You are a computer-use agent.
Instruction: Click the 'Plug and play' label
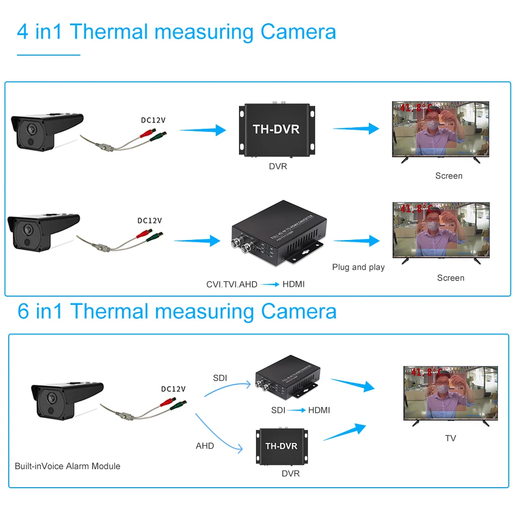click(x=358, y=267)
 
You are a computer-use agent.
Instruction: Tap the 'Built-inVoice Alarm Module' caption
click(x=67, y=466)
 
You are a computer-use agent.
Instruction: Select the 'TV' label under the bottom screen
click(x=451, y=438)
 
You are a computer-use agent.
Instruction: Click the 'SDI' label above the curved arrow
click(x=220, y=379)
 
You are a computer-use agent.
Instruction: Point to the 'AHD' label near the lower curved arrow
click(x=204, y=445)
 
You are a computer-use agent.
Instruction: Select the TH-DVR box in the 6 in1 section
click(x=281, y=445)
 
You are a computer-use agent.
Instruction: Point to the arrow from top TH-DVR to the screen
click(x=356, y=129)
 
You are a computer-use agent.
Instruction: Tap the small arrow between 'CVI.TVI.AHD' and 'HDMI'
click(x=270, y=284)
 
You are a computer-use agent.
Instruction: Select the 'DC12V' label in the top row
click(x=153, y=121)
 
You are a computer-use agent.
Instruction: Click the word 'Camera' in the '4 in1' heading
click(x=298, y=32)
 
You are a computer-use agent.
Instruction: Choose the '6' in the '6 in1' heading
click(x=23, y=312)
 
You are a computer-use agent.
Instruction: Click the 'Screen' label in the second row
click(x=451, y=278)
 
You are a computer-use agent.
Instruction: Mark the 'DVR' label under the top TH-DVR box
click(x=278, y=166)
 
